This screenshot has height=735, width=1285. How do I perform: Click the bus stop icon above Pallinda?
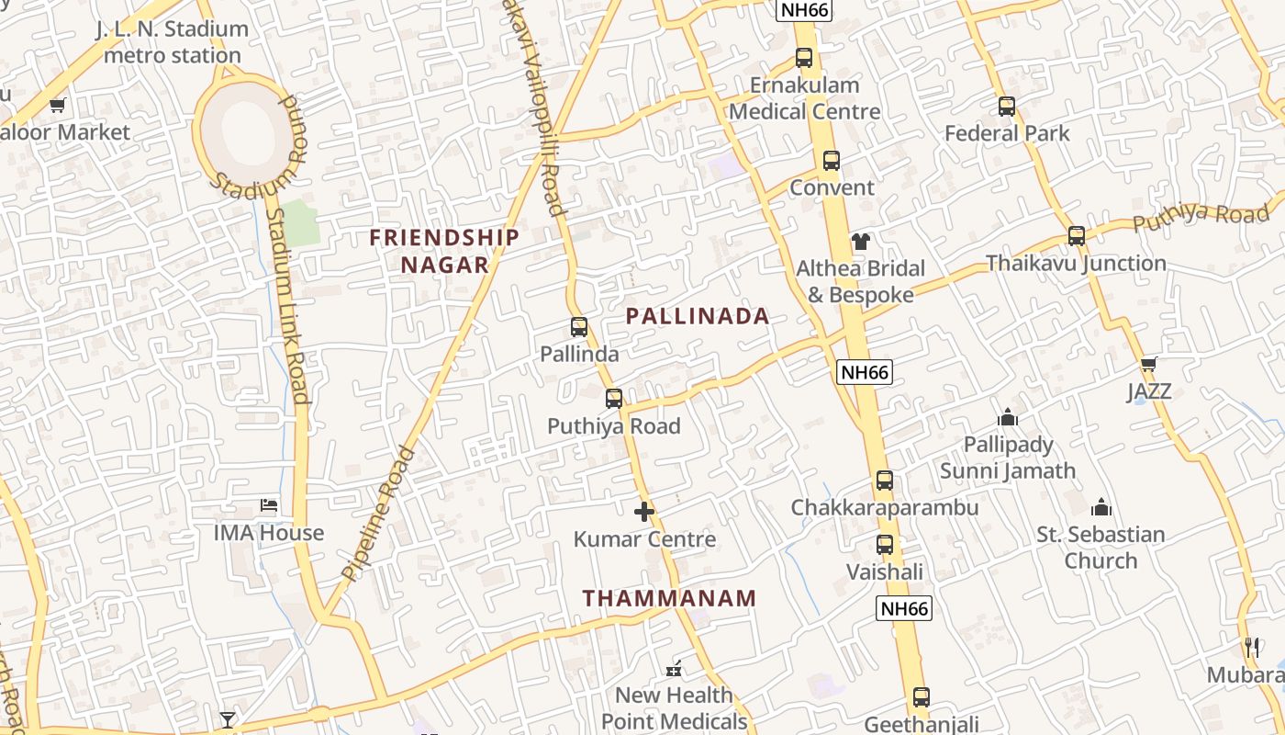579,326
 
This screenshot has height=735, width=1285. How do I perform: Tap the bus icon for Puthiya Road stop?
614,399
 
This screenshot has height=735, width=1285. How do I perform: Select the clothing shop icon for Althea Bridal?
860,242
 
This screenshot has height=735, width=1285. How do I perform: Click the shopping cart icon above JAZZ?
1148,364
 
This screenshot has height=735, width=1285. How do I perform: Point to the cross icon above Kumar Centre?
644,512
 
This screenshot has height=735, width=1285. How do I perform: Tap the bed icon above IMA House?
269,505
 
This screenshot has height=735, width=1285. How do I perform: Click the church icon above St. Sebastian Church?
1101,507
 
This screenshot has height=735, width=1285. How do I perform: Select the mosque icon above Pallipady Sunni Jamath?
1008,418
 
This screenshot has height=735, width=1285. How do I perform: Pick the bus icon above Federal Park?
1007,107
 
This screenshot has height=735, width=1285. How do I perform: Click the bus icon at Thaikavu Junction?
1077,236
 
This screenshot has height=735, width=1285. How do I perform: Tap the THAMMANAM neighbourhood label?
670,598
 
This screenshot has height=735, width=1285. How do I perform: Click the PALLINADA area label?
698,316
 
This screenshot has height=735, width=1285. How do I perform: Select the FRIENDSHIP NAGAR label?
444,251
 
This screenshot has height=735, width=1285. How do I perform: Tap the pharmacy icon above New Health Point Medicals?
675,668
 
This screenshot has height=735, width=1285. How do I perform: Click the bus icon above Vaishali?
885,545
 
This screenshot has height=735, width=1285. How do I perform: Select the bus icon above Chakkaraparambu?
885,481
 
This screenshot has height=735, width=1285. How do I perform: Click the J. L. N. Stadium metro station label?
173,42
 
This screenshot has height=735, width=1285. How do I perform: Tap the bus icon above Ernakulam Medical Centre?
804,58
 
